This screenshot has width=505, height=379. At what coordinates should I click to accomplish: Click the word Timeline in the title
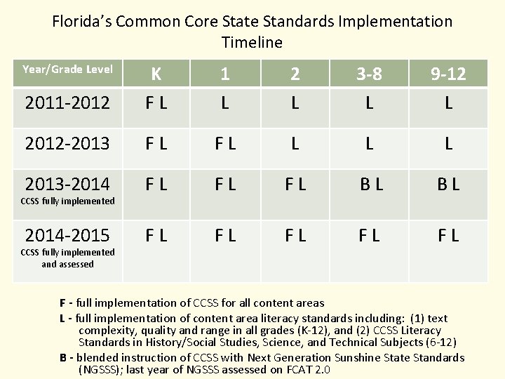point(252,42)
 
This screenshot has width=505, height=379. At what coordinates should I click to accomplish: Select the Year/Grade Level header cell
point(67,69)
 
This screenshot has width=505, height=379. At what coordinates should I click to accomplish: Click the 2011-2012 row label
point(67,103)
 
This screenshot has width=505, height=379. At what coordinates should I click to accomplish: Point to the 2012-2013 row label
point(67,145)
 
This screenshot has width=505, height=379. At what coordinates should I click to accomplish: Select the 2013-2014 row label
point(67,184)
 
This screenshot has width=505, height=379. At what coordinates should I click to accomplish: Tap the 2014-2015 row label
point(67,234)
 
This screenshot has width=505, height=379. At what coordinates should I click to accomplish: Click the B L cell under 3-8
point(369,186)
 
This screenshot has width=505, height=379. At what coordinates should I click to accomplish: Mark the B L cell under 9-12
point(448,186)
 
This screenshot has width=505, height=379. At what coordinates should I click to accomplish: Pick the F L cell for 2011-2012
point(156,103)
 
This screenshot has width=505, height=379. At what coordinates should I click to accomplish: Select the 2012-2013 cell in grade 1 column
point(224,145)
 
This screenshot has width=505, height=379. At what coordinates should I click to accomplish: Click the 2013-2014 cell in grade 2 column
point(295,186)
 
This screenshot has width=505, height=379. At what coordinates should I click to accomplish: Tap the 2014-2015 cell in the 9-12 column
point(448,235)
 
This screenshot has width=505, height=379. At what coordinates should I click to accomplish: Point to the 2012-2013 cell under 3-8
point(369,145)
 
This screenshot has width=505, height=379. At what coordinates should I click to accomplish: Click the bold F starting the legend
point(63,303)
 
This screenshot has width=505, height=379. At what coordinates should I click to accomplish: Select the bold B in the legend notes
point(63,357)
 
